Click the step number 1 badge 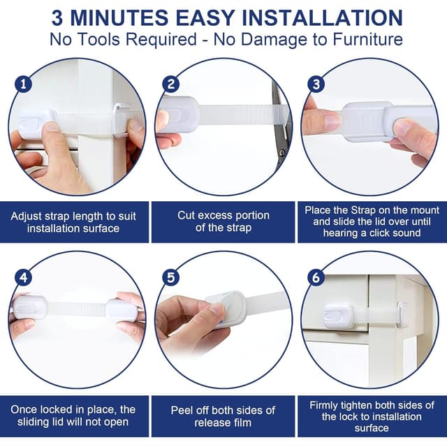pos(23,84)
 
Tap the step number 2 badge pos(170,84)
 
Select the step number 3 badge pos(316,84)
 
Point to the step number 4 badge pos(23,277)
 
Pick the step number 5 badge pos(170,277)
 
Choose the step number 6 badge pos(316,277)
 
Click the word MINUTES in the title pos(119,18)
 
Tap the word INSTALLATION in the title pos(322,18)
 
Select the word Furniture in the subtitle pos(368,39)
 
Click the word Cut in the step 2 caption pos(186,215)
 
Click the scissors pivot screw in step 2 pos(282,153)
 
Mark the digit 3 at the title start pos(57,18)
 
